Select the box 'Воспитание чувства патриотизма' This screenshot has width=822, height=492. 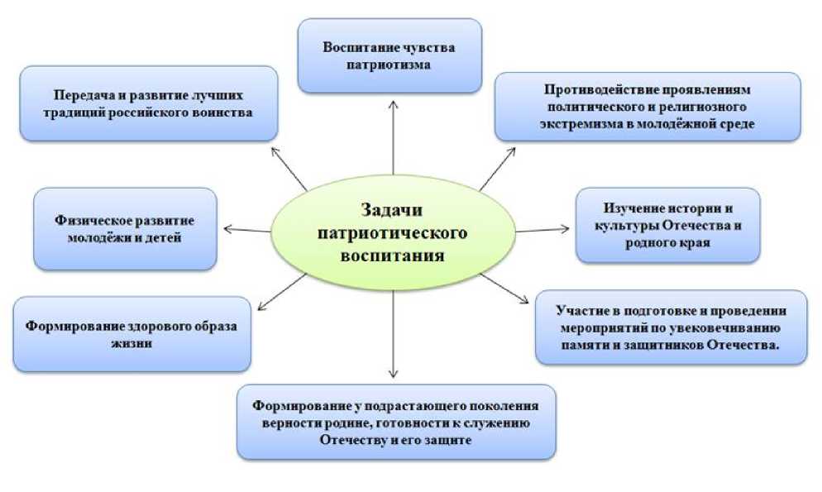[389, 55]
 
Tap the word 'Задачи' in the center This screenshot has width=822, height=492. [393, 211]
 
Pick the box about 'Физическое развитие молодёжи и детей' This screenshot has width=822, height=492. [125, 228]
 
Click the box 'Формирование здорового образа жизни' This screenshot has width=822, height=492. [131, 333]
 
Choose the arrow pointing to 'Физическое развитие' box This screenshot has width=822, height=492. [248, 229]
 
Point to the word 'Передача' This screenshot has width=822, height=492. [82, 94]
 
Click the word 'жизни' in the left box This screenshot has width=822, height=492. [132, 342]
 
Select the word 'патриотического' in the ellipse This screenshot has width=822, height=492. [393, 233]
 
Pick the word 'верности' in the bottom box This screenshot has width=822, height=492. [287, 423]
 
